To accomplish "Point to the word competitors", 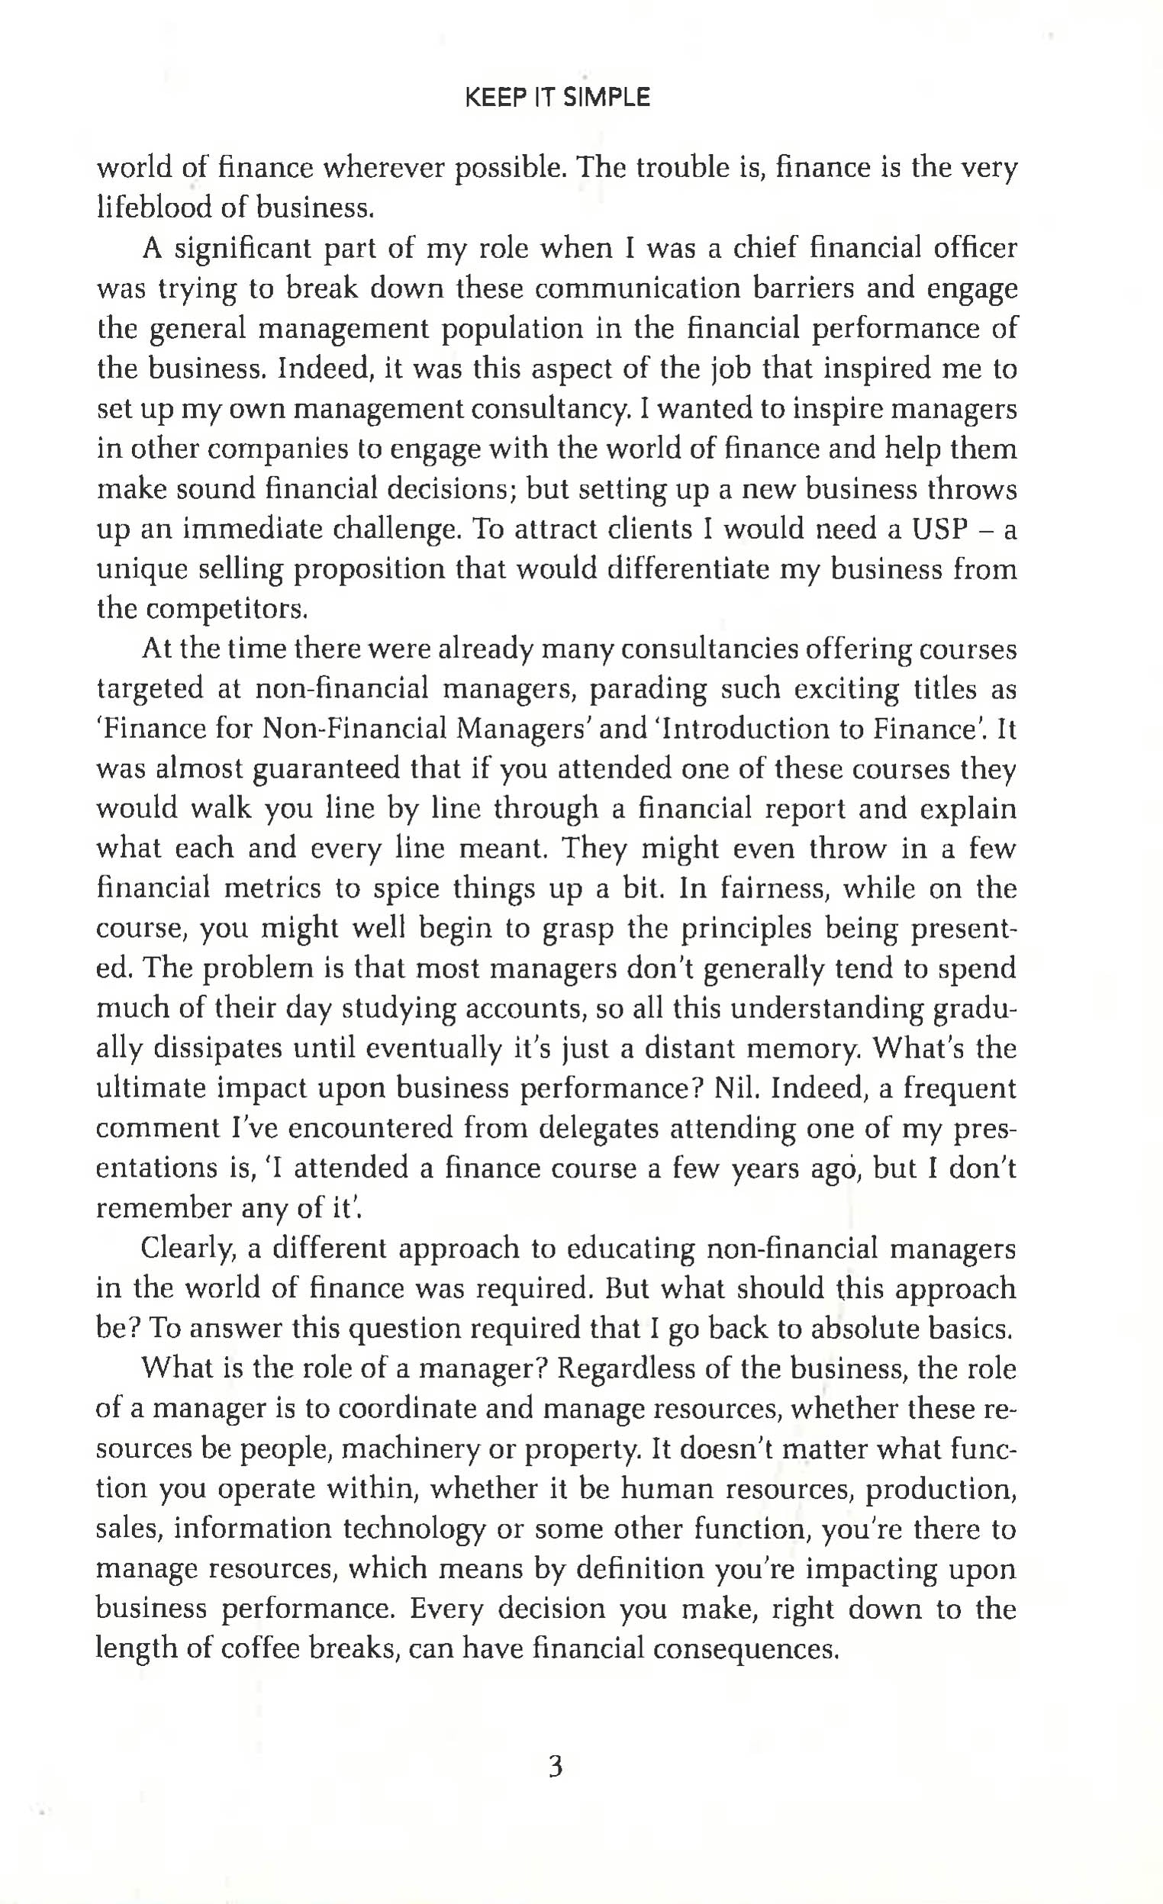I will pos(202,610).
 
